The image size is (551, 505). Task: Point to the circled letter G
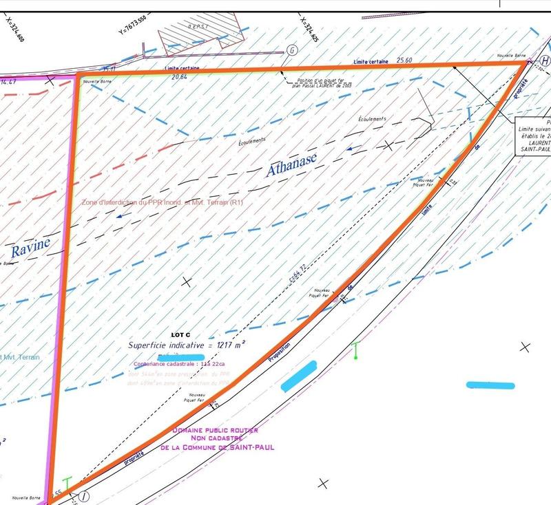click(292, 50)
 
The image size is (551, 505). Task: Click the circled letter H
click(545, 61)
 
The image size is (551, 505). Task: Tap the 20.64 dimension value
click(180, 76)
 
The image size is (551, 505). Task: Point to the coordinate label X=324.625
click(309, 31)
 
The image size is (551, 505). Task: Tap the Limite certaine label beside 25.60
click(370, 61)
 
